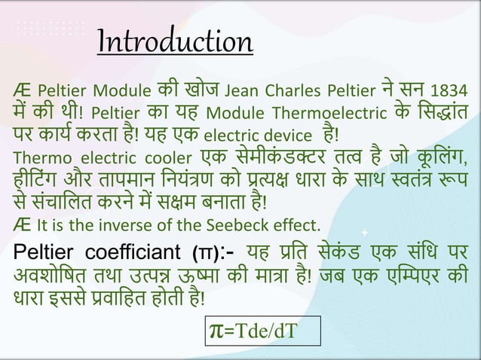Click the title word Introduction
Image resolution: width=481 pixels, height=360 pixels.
[x=174, y=41]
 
